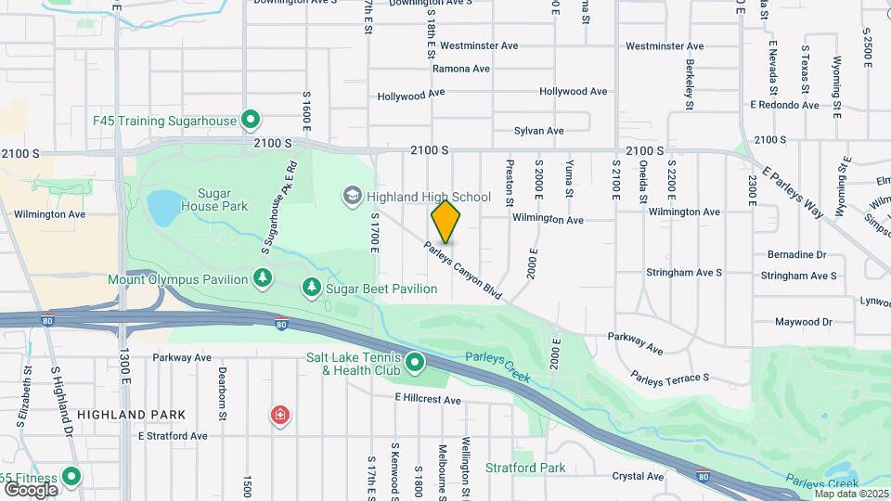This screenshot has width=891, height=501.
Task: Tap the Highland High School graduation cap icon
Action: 353,196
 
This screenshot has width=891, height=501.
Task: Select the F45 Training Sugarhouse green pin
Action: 250,120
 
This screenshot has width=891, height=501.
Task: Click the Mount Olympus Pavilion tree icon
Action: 263,278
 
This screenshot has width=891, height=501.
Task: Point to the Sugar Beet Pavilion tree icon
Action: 312,289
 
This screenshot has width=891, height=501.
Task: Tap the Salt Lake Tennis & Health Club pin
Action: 414,363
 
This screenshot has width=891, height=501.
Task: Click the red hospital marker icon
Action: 278,415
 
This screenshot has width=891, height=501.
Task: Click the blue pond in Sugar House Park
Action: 162,208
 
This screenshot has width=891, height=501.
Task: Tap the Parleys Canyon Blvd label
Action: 463,271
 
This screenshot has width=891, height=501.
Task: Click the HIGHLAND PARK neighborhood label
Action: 131,415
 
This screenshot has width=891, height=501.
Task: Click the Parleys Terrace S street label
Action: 669,378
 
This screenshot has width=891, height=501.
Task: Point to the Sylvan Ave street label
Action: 539,131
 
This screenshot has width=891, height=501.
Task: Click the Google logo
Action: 31,489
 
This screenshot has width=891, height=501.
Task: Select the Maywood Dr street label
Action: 804,322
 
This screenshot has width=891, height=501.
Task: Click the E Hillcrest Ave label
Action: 427,400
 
